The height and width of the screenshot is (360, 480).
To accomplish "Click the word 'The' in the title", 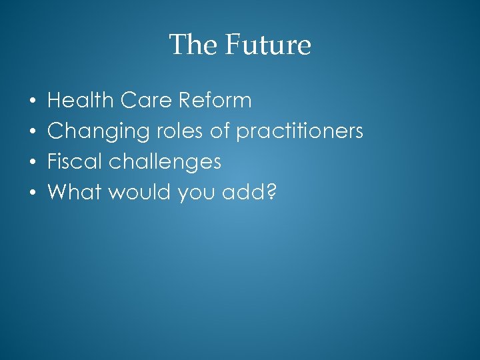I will pos(193,45).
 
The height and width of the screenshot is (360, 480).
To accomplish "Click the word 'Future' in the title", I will pos(267,45).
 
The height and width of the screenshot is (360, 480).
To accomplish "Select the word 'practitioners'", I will pos(300,132).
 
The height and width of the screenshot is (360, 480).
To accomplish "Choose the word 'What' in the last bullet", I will pos(74,193).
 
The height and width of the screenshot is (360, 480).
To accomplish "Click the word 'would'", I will pos(139,193).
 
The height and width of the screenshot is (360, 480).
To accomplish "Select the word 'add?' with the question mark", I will pos(250,193).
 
